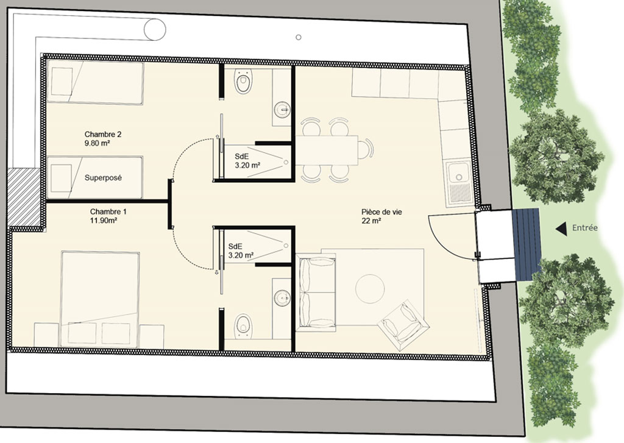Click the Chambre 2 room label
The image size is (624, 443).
tap(103, 138)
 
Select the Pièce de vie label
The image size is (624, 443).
tap(381, 216)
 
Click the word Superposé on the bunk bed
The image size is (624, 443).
tap(103, 178)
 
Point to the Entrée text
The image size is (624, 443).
tap(584, 228)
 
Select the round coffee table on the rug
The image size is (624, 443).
tap(370, 289)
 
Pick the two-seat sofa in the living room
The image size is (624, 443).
tap(316, 293)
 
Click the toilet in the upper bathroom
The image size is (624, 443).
tap(243, 81)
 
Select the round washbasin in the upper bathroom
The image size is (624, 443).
tap(283, 110)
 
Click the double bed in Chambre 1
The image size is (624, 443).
tap(101, 299)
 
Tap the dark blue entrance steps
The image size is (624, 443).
tap(526, 244)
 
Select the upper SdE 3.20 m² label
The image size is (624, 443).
tap(247, 161)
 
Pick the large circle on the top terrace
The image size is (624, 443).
tap(154, 29)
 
